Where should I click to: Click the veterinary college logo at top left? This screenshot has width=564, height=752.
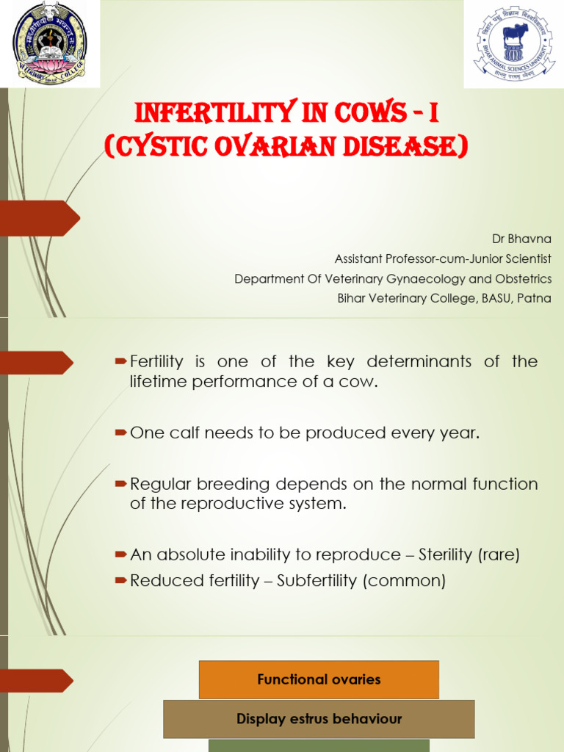[x=50, y=43]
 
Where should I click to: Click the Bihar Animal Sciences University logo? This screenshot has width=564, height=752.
[x=513, y=43]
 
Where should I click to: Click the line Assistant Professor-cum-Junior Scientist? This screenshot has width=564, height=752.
[x=443, y=259]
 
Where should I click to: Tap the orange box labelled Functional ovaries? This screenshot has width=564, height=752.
[x=319, y=679]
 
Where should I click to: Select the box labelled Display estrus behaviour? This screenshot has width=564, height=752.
[x=319, y=719]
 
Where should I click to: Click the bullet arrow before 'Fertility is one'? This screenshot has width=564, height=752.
[x=121, y=361]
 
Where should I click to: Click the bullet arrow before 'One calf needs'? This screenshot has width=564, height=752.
[x=121, y=433]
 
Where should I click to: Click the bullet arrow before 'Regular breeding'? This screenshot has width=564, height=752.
[x=121, y=485]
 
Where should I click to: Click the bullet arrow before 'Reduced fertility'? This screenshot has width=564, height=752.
[x=121, y=581]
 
